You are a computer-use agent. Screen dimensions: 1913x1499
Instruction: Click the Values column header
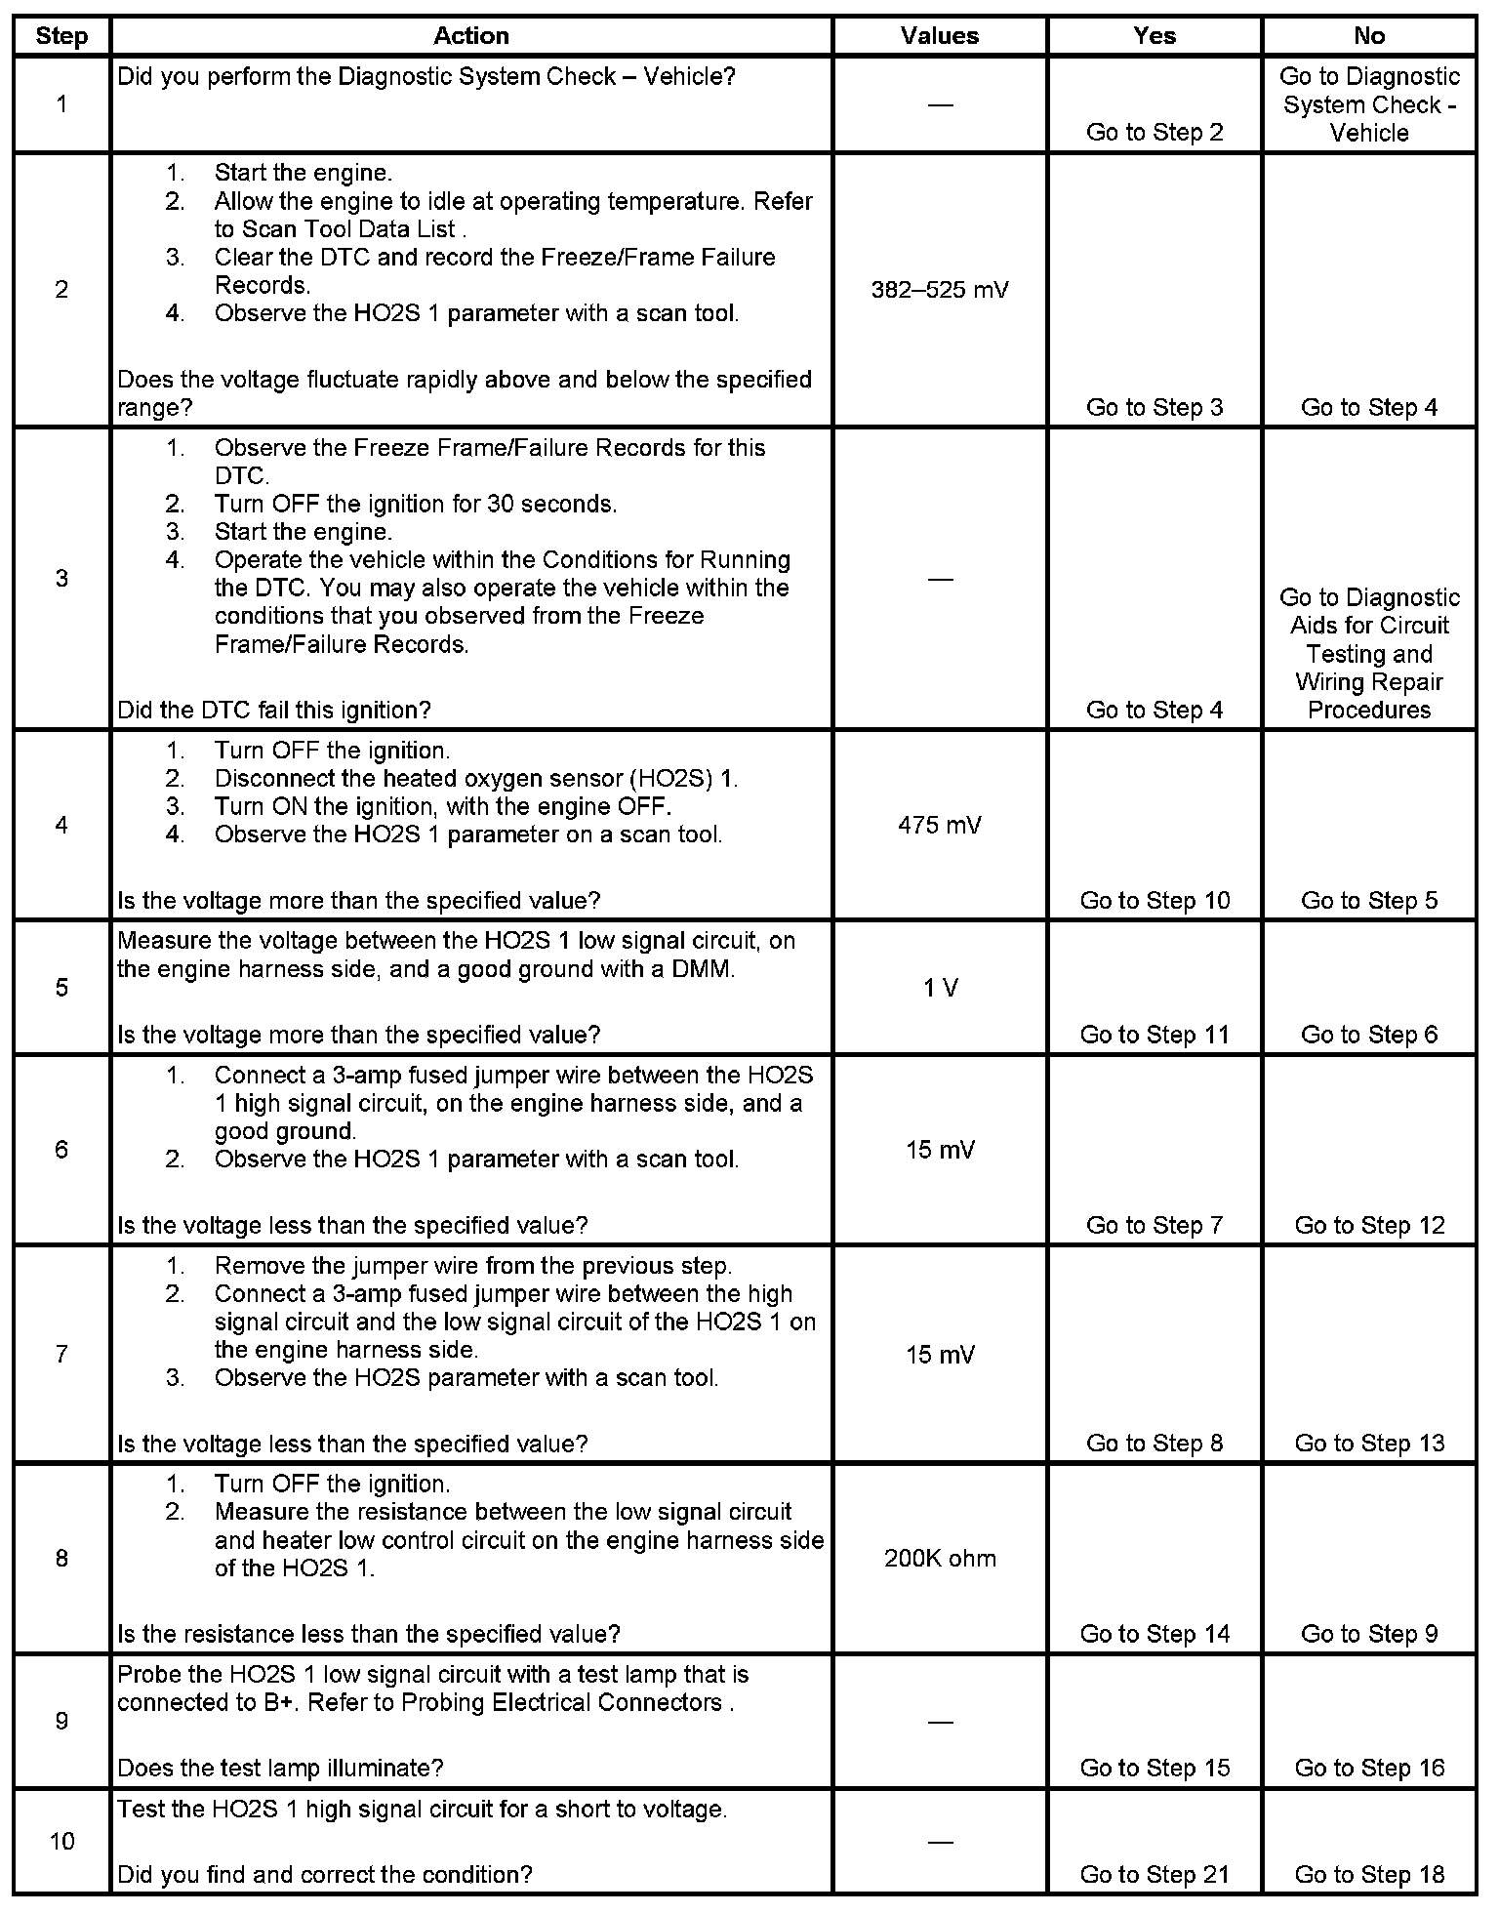[939, 36]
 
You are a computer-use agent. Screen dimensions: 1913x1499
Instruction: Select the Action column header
[471, 36]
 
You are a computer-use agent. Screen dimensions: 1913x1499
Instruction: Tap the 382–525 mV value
[939, 290]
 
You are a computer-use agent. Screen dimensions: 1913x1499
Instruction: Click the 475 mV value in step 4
[939, 826]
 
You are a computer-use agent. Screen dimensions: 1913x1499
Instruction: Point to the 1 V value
[940, 988]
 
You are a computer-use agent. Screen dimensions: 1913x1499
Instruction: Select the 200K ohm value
[940, 1558]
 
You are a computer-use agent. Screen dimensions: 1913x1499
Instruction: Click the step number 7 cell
[61, 1355]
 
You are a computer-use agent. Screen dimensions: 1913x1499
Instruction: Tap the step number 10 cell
[61, 1841]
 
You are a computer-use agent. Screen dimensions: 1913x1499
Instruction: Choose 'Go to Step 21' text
[1155, 1875]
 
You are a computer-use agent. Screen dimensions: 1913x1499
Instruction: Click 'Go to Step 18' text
[1369, 1875]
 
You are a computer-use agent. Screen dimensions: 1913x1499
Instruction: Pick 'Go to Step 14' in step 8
[1155, 1634]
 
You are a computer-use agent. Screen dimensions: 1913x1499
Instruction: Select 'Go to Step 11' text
[1155, 1035]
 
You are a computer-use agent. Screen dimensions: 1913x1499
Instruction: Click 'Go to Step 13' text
[1369, 1444]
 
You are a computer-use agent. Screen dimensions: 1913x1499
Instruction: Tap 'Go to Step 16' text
[1369, 1768]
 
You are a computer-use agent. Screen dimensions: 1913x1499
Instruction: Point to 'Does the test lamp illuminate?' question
[280, 1768]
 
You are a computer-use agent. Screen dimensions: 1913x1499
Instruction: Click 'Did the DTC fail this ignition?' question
[274, 710]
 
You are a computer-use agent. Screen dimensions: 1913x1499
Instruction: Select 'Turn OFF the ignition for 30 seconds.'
[416, 505]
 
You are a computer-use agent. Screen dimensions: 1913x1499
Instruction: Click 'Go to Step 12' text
[1369, 1225]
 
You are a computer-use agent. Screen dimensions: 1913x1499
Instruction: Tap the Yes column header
[1155, 36]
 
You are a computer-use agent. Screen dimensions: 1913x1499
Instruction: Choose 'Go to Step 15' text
[1155, 1768]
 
